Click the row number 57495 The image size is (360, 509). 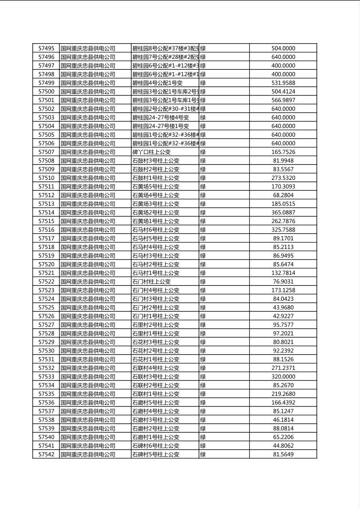(x=46, y=48)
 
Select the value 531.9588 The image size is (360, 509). (x=283, y=83)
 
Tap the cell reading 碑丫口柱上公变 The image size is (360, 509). (x=152, y=152)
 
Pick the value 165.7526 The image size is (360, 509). (x=283, y=152)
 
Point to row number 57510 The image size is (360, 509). (x=46, y=178)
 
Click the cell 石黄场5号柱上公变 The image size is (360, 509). (x=156, y=187)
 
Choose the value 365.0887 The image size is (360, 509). (x=283, y=213)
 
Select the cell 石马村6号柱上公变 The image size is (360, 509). (x=156, y=230)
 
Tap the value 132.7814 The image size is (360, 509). (x=283, y=273)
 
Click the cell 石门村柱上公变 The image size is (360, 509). (x=152, y=282)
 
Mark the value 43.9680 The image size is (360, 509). (x=283, y=307)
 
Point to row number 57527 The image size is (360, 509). (x=46, y=325)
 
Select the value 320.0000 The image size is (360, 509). (x=283, y=377)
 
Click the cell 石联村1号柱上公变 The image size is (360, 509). (x=156, y=394)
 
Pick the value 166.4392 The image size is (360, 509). (x=283, y=403)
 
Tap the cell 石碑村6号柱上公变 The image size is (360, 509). (x=156, y=446)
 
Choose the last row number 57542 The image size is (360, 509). (x=46, y=454)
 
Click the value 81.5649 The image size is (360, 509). (x=283, y=454)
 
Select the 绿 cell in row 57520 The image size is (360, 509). (x=203, y=264)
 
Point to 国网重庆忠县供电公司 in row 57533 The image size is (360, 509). (x=88, y=377)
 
